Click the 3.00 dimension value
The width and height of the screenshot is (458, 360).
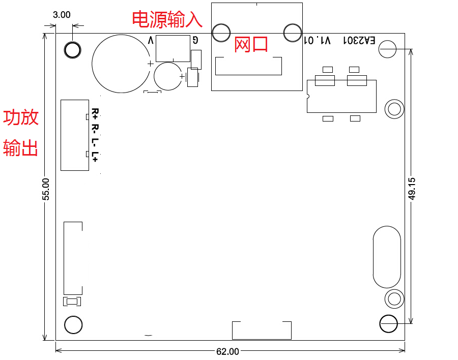62,15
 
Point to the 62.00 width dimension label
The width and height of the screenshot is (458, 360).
227,351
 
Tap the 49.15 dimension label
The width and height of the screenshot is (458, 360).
412,188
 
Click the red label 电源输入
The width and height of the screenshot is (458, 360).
167,19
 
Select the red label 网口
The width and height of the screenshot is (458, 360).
251,44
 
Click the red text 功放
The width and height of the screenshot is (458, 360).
21,117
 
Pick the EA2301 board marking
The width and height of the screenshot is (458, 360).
359,40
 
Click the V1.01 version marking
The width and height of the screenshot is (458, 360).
317,40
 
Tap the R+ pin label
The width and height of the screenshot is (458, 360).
95,113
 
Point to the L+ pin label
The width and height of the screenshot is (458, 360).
95,157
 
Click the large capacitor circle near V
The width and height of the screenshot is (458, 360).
121,64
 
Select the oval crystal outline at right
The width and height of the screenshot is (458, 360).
387,257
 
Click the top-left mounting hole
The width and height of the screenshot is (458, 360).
72,50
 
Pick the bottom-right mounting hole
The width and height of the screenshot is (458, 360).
388,323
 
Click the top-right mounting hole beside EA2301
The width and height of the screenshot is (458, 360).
388,49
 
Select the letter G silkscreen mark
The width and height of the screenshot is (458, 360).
195,40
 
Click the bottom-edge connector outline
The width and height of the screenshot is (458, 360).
262,330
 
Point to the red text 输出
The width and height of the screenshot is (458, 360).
21,148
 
